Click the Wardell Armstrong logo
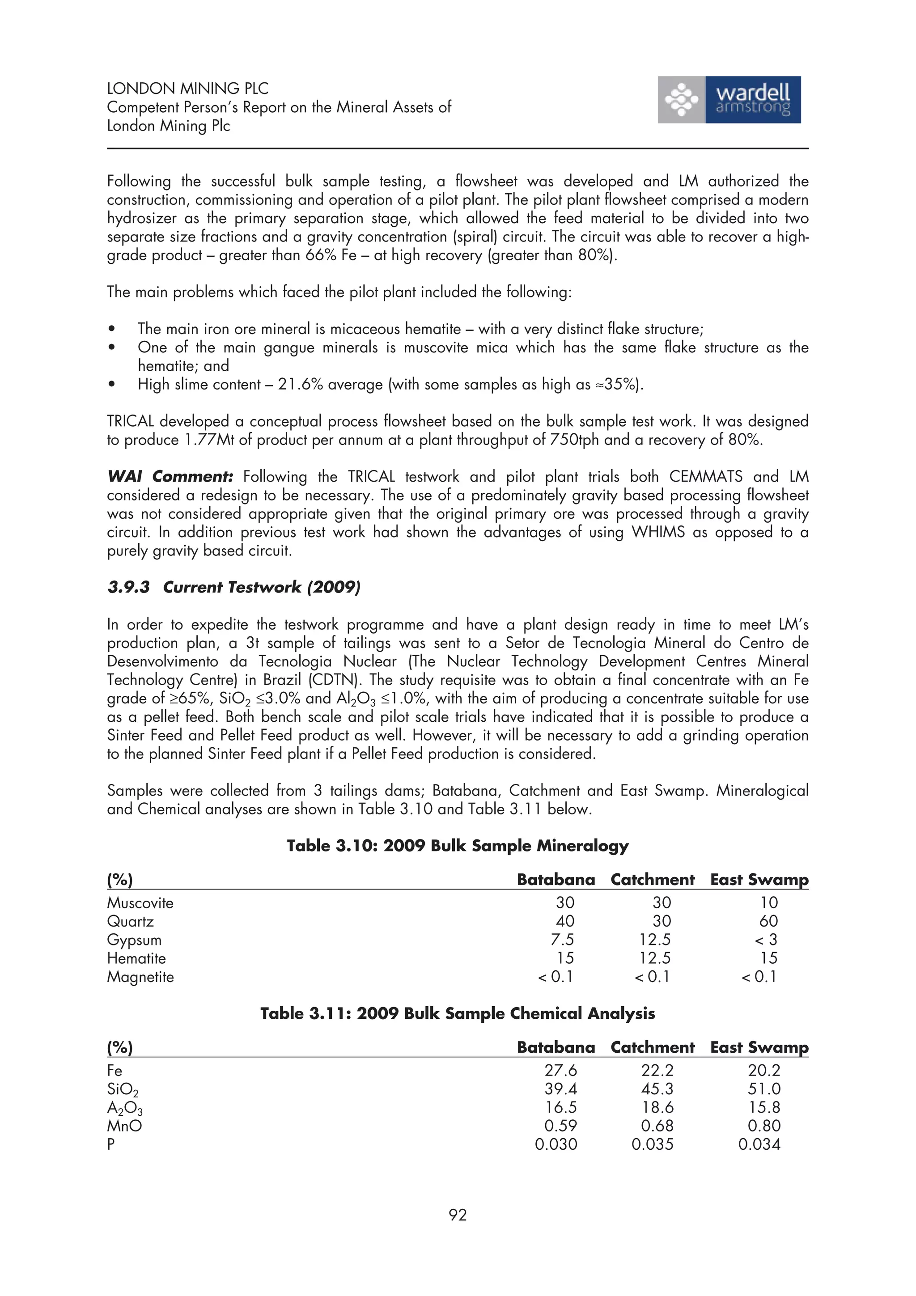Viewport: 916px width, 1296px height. point(729,100)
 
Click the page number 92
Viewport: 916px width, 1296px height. point(458,1215)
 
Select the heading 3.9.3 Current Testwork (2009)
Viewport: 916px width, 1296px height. point(233,588)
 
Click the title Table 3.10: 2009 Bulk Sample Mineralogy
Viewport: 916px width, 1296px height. point(457,846)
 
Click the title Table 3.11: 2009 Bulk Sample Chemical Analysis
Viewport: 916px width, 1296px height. point(457,1013)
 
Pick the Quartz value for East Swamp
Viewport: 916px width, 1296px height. point(768,921)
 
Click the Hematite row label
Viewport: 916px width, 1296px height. point(136,958)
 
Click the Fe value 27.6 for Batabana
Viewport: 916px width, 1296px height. point(560,1070)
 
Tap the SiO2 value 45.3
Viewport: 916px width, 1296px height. point(657,1089)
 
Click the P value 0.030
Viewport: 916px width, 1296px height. point(556,1144)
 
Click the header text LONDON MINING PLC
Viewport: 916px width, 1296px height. point(187,89)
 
